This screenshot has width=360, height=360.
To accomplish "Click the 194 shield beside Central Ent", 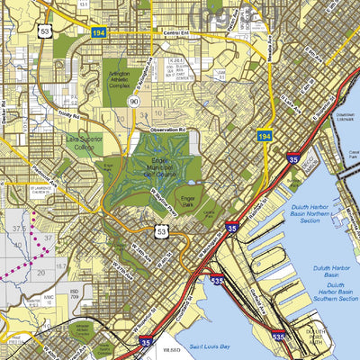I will pyautogui.click(x=100, y=32).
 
